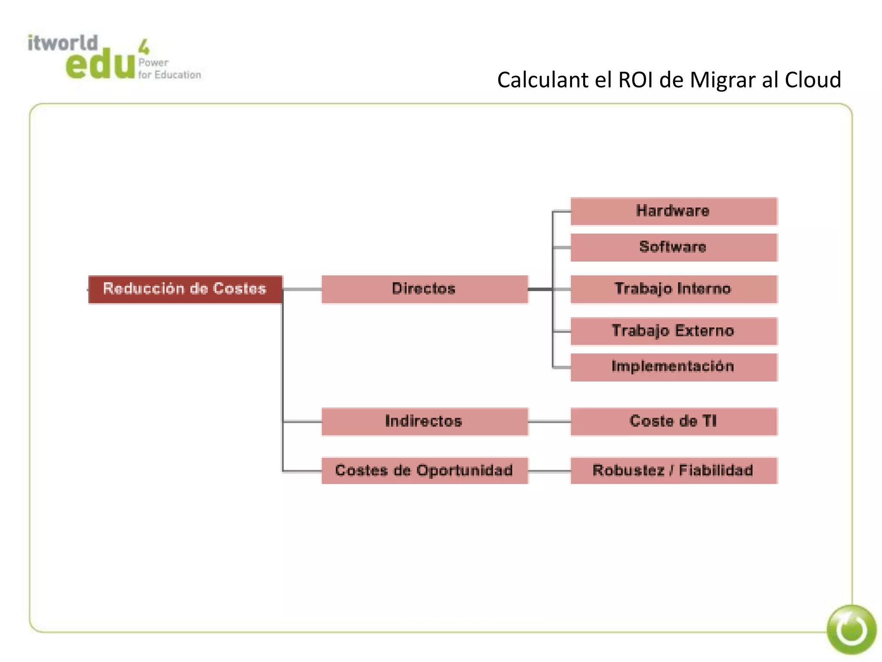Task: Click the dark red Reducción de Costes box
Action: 185,289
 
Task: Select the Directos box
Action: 424,289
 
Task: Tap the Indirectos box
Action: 424,422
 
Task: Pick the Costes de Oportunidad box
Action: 424,471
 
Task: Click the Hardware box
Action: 674,211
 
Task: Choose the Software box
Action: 674,247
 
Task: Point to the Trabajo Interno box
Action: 674,289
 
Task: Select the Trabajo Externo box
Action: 674,331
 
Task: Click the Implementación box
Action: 674,367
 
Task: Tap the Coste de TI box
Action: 674,422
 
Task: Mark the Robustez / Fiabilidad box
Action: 674,471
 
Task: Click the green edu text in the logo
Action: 100,65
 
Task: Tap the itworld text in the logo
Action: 63,43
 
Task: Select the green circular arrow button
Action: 851,630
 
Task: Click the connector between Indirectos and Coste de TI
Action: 549,422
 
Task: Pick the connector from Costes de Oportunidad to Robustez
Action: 549,472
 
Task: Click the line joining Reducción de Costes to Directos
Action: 301,289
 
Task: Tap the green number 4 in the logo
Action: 144,47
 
